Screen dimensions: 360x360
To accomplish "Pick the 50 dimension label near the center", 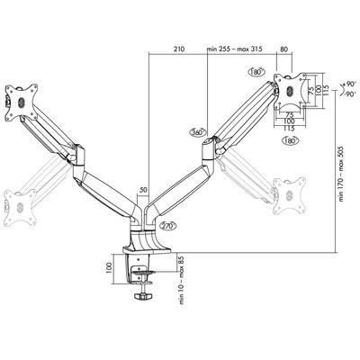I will (x=143, y=191).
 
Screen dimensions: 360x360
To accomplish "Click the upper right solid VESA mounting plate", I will (x=288, y=89).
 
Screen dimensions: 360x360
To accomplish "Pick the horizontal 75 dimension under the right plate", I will (x=291, y=115).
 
